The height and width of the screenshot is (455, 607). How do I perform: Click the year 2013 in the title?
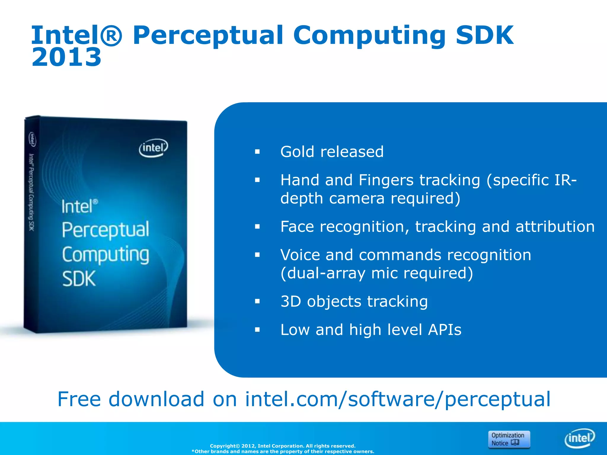(66, 57)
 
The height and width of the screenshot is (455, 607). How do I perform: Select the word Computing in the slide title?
(369, 36)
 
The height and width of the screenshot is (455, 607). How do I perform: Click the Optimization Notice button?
(509, 439)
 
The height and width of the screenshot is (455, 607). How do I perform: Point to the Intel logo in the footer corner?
(579, 438)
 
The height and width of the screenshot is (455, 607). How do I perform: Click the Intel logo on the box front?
(153, 148)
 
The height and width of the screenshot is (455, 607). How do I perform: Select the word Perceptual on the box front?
(106, 230)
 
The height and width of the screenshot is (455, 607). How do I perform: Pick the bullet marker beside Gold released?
(257, 152)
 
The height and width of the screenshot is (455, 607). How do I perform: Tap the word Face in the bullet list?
(297, 227)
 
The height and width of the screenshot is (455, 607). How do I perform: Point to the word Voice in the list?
(300, 255)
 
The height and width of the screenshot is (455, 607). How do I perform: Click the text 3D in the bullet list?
(291, 301)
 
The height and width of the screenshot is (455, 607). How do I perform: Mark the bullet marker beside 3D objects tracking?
(257, 302)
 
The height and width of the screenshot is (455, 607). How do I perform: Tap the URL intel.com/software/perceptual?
(397, 399)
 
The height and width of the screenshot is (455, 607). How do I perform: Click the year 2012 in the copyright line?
(248, 446)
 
